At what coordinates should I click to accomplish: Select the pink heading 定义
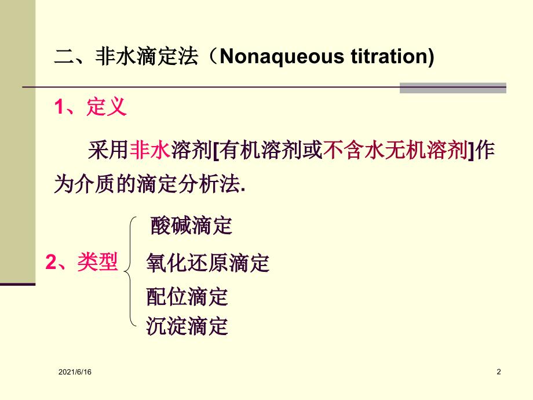(107, 107)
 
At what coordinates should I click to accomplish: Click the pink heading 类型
(97, 261)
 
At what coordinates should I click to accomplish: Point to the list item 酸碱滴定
(191, 226)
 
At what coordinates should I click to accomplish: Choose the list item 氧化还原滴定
(207, 263)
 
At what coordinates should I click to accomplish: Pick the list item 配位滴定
(187, 296)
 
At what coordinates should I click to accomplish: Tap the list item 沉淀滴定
(187, 326)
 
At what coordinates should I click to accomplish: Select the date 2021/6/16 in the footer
(75, 372)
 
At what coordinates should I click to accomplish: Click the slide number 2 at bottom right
(499, 372)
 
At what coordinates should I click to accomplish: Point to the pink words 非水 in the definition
(150, 150)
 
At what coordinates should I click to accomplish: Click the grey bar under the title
(453, 88)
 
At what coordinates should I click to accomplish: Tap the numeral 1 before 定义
(59, 107)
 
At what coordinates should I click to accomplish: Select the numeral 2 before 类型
(52, 262)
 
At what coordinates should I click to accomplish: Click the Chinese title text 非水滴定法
(147, 56)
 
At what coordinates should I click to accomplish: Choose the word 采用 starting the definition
(108, 150)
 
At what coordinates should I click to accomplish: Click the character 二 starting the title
(64, 56)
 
